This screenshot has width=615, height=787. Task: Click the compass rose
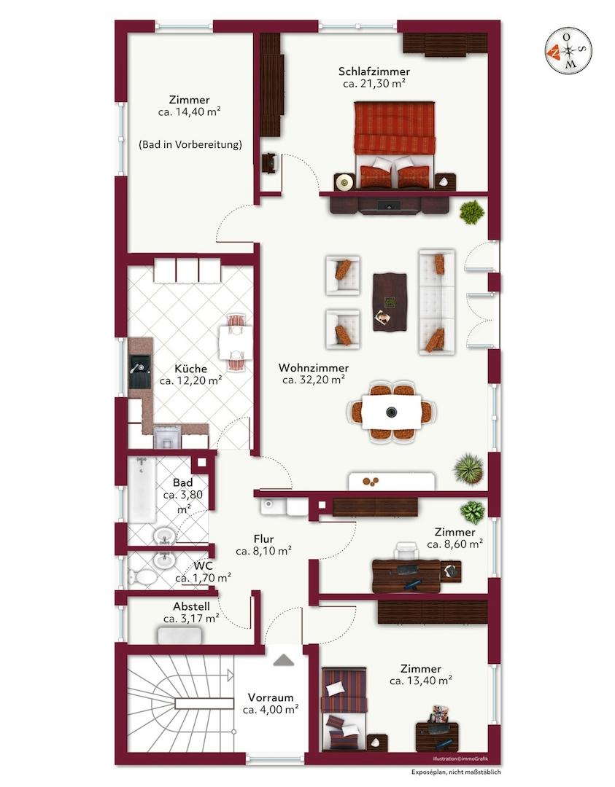(x=568, y=51)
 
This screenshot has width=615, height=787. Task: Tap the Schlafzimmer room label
(x=374, y=71)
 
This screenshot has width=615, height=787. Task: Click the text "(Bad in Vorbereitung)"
(x=190, y=144)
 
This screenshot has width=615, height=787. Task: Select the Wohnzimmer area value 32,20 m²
(x=313, y=380)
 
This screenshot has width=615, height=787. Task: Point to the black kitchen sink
(x=139, y=372)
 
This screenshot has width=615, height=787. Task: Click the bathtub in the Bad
(x=142, y=490)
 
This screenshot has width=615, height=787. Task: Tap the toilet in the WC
(x=142, y=578)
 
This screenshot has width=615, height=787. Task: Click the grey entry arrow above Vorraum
(x=283, y=660)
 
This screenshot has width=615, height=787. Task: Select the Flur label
(x=263, y=539)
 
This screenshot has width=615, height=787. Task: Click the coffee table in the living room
(x=390, y=302)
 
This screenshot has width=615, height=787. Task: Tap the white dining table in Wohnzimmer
(x=392, y=412)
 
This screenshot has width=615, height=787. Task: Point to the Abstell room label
(x=191, y=607)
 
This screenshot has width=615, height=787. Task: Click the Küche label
(x=190, y=369)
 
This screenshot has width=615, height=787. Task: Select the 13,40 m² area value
(x=420, y=681)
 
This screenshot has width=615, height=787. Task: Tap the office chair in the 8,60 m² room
(x=406, y=551)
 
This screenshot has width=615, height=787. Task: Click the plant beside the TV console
(x=472, y=212)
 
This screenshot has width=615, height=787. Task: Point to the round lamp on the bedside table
(x=344, y=181)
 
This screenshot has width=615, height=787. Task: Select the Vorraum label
(x=271, y=697)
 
